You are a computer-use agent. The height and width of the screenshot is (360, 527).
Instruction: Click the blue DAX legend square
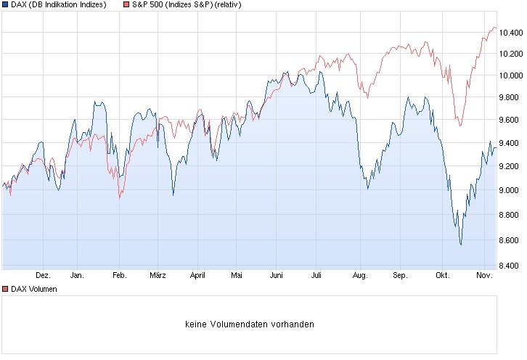tap(5, 5)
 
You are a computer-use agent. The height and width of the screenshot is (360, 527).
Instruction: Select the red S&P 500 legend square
tap(126, 5)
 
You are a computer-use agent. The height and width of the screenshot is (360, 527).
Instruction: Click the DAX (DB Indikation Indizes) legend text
tap(59, 5)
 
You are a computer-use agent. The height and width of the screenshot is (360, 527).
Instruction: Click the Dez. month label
tap(43, 276)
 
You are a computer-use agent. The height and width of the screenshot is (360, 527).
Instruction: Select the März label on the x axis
tap(158, 276)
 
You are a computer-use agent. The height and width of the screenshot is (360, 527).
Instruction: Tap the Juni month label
tap(276, 276)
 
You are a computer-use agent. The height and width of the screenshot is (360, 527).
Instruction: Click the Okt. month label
tap(442, 276)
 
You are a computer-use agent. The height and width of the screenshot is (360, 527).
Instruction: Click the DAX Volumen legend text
tap(33, 289)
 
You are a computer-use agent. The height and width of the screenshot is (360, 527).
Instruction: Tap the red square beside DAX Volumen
tap(5, 289)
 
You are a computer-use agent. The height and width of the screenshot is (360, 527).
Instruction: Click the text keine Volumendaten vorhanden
tap(250, 324)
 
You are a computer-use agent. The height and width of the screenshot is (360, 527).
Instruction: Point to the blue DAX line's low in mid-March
tap(173, 195)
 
